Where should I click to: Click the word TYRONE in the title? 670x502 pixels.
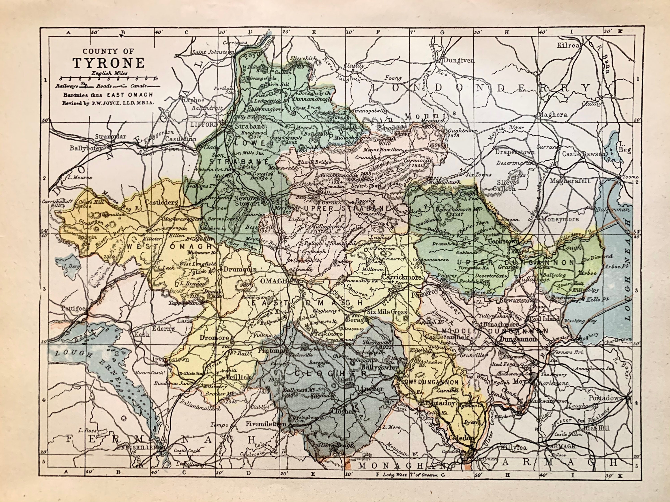pos(108,63)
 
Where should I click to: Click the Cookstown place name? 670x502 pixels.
pos(504,241)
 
